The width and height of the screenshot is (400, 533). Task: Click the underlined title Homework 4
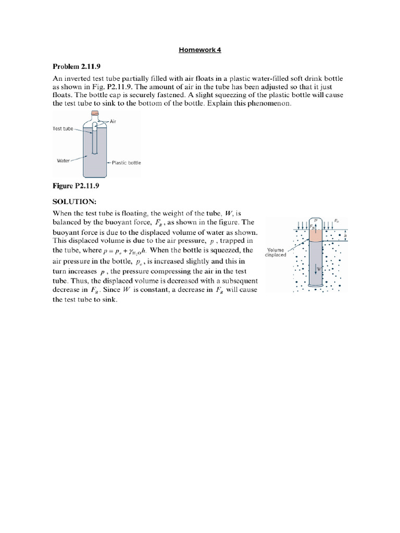[x=200, y=50]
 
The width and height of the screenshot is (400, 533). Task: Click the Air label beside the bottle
[x=114, y=121]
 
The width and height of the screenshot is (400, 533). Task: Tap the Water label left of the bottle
[x=63, y=160]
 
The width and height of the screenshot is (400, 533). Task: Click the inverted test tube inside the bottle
[x=95, y=141]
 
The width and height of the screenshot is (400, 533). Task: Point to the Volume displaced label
[x=274, y=252]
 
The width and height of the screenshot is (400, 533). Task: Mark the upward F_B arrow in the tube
[x=313, y=226]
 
